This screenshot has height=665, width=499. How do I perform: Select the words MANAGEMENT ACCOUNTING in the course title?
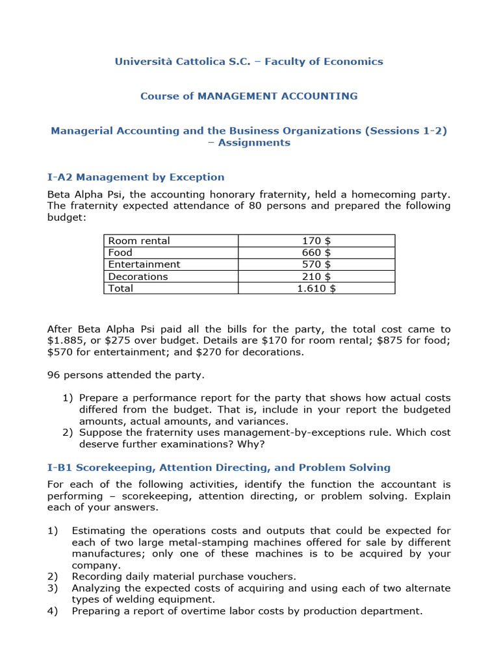point(277,96)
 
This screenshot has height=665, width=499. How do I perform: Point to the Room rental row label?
point(139,241)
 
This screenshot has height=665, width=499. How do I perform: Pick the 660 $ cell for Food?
point(316,253)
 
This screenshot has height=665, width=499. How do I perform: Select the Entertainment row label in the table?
point(144,264)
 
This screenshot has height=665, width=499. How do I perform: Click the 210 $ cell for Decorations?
point(316,277)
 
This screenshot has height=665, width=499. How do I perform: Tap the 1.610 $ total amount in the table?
point(316,288)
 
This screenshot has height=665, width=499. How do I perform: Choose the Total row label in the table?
point(121,288)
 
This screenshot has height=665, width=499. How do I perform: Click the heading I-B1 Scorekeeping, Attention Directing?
point(219,468)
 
